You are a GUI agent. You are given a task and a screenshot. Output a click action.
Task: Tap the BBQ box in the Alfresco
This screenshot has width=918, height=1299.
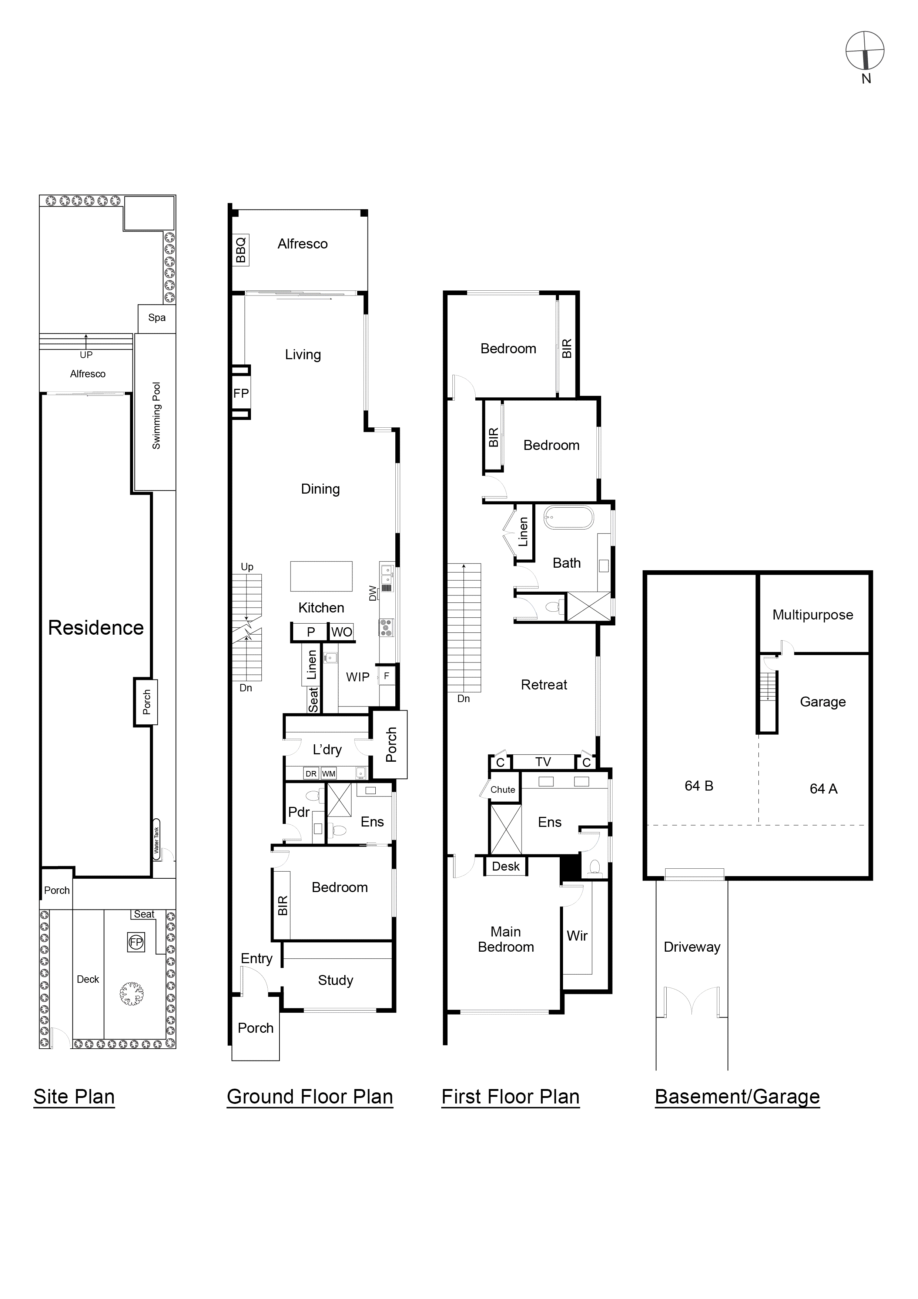[x=241, y=250]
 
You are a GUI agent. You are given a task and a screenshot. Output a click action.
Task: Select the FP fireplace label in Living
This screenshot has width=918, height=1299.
[x=241, y=393]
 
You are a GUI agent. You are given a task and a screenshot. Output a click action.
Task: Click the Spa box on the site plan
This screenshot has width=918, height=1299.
[x=157, y=318]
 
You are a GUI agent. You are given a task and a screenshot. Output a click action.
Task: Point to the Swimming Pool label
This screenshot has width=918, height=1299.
[x=157, y=416]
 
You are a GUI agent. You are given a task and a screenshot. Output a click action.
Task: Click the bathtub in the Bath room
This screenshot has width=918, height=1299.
[x=569, y=518]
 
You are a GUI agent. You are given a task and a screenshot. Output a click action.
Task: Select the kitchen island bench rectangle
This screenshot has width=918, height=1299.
[x=321, y=576]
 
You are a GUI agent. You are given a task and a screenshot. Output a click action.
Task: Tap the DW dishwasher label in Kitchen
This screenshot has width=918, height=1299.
[x=372, y=593]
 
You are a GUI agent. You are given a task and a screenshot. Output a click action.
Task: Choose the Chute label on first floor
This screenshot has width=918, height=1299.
[x=502, y=789]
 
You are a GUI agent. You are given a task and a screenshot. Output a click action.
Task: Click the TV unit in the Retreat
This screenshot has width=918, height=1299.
[x=543, y=762]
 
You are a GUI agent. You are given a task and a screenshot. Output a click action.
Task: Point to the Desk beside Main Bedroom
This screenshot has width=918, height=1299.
[x=506, y=866]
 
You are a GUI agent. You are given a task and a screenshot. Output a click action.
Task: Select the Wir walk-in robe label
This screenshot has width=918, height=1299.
[x=577, y=936]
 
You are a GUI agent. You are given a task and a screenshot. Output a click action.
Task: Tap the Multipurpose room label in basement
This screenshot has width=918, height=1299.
[x=813, y=615]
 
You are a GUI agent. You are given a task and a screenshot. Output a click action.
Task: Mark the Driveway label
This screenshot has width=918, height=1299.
[x=692, y=947]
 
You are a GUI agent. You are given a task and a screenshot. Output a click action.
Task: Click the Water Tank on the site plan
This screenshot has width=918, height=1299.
[x=157, y=840]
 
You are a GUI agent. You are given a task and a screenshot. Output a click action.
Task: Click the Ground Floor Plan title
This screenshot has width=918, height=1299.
[x=309, y=1096]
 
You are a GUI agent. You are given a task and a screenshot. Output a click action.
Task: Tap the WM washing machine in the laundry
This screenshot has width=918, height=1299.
[x=329, y=774]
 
